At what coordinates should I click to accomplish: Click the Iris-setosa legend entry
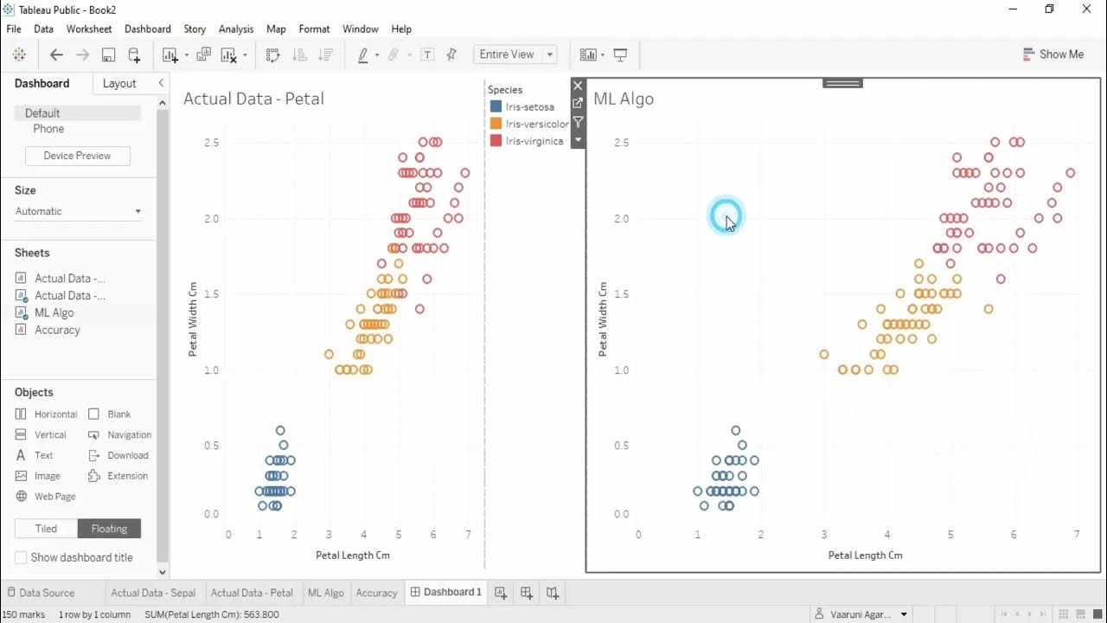coord(529,107)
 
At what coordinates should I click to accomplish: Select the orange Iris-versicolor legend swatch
coord(496,124)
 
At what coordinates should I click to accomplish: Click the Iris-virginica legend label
coord(534,141)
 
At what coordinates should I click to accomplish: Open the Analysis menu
coord(236,29)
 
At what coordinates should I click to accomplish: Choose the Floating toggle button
coord(109,529)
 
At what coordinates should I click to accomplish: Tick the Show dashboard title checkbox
coord(21,558)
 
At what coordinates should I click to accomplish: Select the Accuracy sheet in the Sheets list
coord(57,330)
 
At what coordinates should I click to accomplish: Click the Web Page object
coord(54,497)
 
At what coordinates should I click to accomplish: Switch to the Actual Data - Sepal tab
coord(152,593)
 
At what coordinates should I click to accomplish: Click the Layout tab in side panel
coord(119,84)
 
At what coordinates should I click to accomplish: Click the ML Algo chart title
coord(624,99)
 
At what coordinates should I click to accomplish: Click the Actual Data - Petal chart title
coord(253,99)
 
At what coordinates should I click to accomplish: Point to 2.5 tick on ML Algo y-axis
coord(621,142)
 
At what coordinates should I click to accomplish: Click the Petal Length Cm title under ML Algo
coord(865,556)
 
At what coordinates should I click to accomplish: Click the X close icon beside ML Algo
coord(578,86)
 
